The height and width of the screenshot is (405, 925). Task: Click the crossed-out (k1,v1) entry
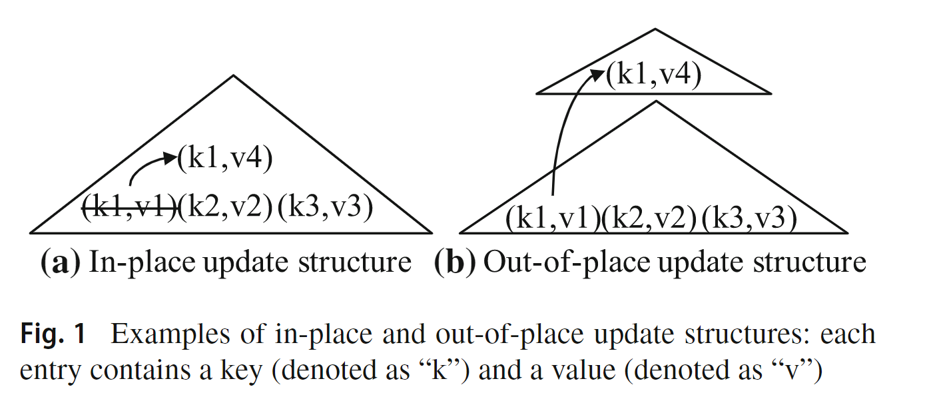click(x=129, y=208)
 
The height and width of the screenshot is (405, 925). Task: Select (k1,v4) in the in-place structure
click(x=225, y=161)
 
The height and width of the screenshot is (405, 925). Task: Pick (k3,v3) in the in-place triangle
click(x=324, y=208)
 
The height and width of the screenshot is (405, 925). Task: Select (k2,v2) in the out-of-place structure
click(x=649, y=218)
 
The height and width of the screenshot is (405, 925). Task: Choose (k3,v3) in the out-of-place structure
click(x=750, y=218)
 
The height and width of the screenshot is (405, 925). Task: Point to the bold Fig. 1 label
click(x=53, y=334)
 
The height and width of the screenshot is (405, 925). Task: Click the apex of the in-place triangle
click(x=232, y=76)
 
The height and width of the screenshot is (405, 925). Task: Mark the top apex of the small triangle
click(x=655, y=29)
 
